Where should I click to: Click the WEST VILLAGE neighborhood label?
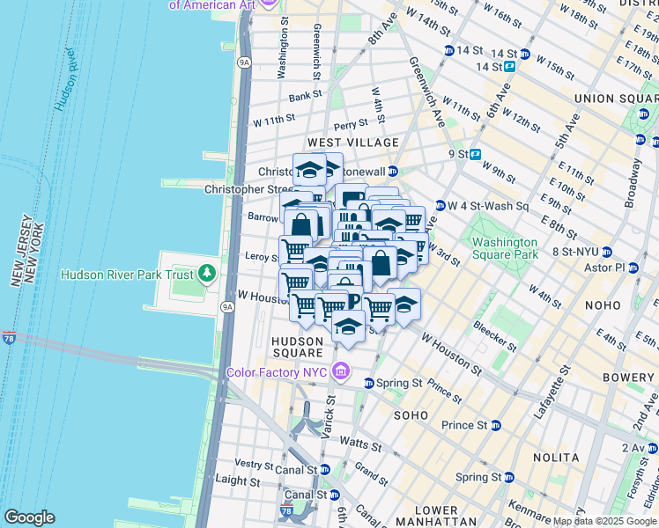click(352, 143)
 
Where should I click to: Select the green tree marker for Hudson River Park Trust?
click(208, 274)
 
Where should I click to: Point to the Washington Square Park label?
click(504, 248)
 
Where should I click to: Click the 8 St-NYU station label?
click(581, 252)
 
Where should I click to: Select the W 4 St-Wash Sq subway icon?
click(440, 206)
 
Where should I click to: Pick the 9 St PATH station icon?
click(475, 154)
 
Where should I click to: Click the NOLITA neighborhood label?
click(555, 458)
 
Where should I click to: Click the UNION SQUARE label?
click(615, 99)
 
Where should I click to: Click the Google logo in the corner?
click(29, 517)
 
